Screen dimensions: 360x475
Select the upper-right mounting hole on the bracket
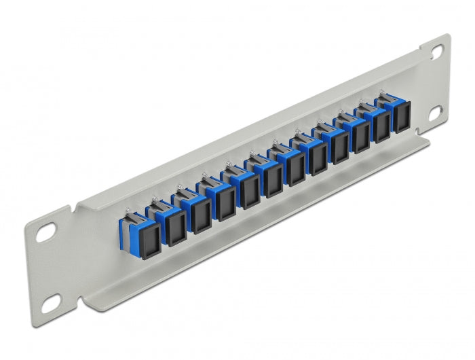434,51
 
